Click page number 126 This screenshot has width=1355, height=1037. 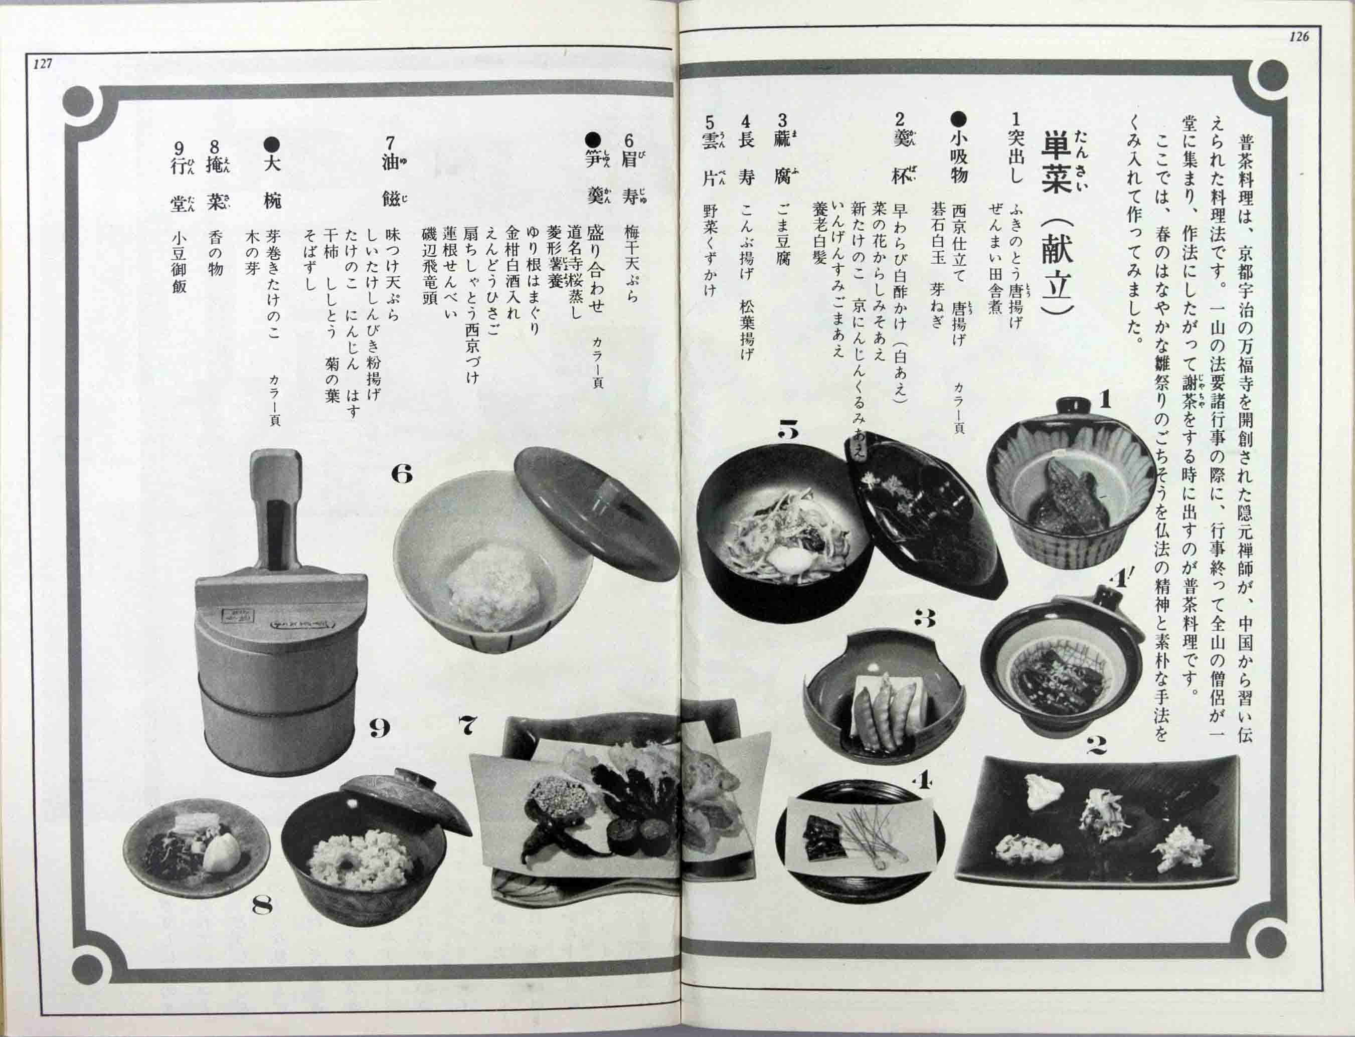coord(1298,37)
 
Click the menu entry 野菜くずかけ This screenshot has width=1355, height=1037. coord(711,251)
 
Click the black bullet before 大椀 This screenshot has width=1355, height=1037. coord(272,144)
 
